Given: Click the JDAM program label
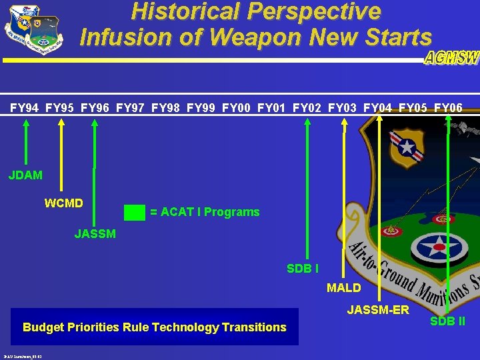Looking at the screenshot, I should click(25, 175).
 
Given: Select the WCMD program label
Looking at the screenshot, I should click(63, 203).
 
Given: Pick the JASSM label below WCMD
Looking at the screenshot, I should click(95, 234).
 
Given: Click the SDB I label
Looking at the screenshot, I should click(302, 269).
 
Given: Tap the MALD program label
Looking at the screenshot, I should click(343, 288).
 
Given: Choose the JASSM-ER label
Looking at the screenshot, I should click(378, 310).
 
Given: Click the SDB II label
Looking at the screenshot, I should click(447, 321).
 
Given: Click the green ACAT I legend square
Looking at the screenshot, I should click(135, 212).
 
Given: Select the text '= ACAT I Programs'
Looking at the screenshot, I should click(205, 212).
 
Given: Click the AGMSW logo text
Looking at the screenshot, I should click(451, 58).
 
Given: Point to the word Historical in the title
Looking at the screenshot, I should click(187, 11).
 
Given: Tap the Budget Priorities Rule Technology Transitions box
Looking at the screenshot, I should click(154, 327).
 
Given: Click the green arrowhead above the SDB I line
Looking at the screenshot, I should click(307, 122).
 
